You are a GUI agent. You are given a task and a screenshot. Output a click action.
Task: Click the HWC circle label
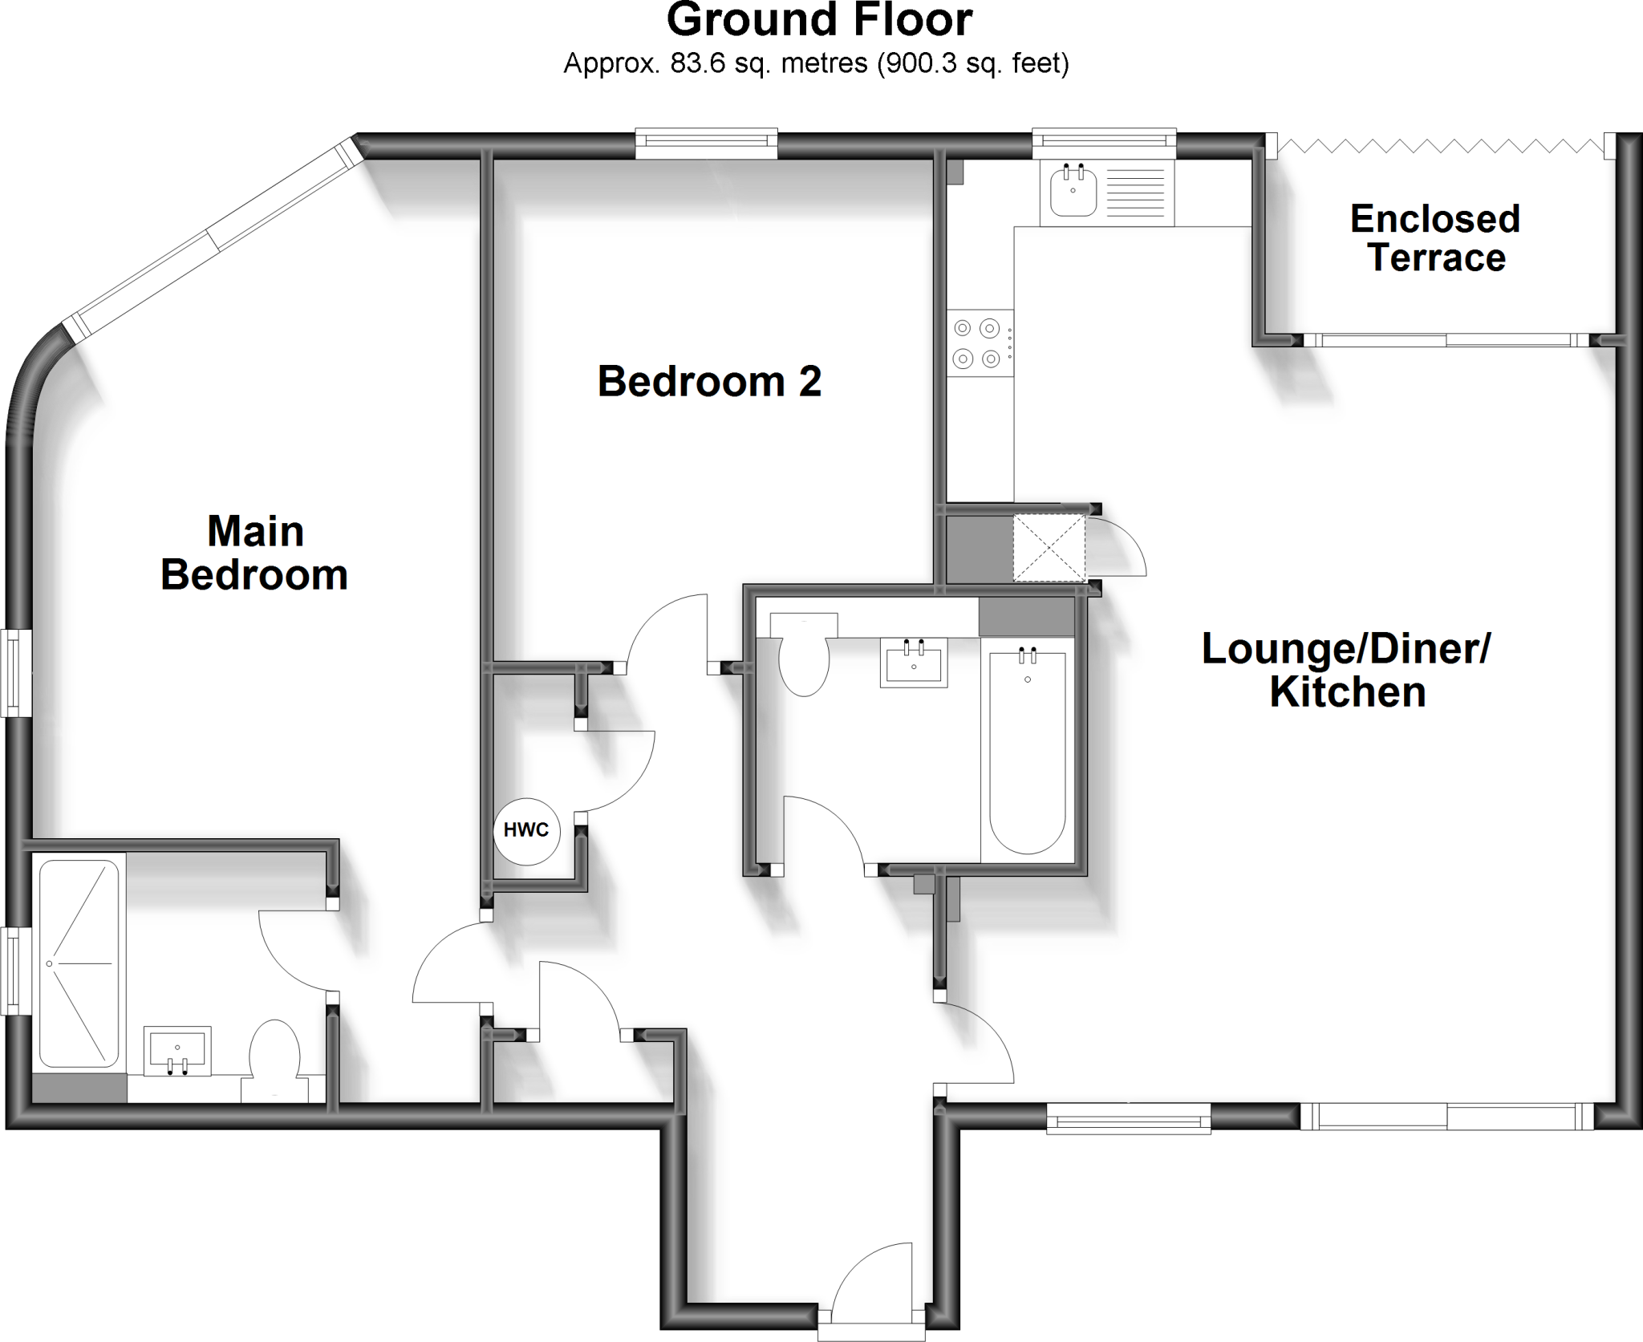(x=526, y=830)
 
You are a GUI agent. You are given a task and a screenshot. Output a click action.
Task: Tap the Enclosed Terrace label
(x=1435, y=238)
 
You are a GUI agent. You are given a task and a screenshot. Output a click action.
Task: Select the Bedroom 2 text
(x=709, y=382)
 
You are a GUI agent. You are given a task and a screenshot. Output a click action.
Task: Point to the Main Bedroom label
(x=254, y=553)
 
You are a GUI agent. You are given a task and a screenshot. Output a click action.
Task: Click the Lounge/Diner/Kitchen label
(x=1346, y=671)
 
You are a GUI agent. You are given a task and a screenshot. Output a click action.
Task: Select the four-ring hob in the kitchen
(x=979, y=343)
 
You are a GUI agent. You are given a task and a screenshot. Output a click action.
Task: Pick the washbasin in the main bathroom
(x=914, y=663)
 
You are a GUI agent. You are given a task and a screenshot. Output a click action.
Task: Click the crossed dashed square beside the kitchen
(x=1049, y=548)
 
